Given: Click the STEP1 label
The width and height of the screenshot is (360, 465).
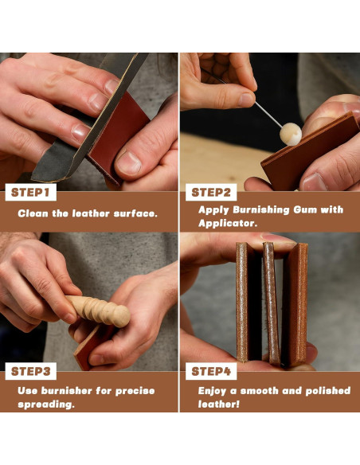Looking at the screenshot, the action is (x=30, y=192).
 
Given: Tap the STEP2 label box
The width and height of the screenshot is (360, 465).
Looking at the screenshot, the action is (x=211, y=192).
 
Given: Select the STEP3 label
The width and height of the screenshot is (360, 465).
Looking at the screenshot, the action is (x=30, y=371).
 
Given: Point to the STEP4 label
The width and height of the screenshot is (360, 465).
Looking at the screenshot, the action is (x=211, y=371).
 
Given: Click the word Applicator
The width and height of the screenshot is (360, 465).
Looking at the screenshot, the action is (x=228, y=223).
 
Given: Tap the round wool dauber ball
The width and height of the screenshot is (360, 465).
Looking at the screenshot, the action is (x=291, y=135).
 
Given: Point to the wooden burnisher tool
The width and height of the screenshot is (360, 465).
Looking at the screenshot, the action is (x=98, y=311).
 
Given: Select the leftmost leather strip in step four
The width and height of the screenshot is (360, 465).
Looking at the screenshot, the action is (x=248, y=302).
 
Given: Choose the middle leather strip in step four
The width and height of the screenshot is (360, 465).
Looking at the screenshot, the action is (x=272, y=303).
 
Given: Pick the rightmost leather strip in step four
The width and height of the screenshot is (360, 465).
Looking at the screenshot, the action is (x=295, y=305).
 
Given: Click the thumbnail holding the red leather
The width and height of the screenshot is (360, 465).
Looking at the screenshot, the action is (x=128, y=163).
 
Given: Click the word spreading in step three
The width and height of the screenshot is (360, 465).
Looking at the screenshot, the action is (x=46, y=404).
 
